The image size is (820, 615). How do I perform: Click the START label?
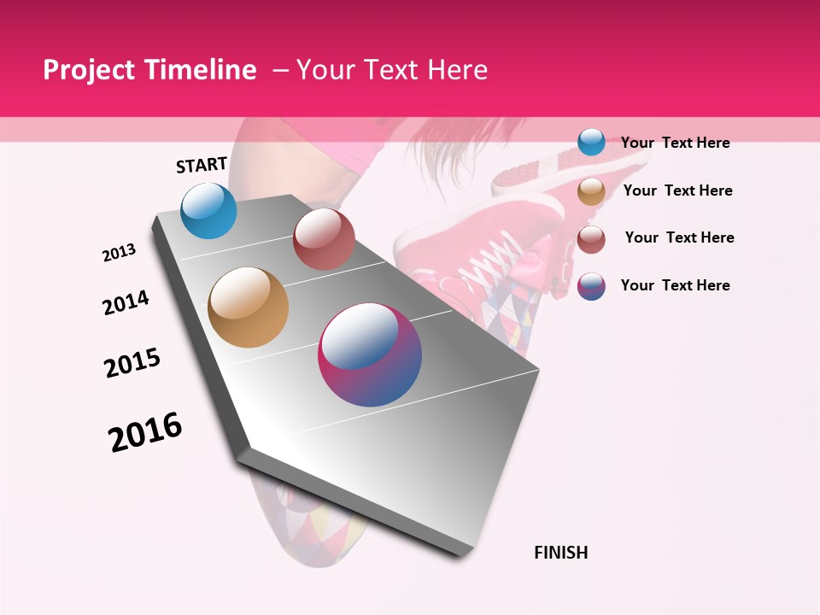point(202,165)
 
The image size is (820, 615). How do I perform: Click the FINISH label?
point(561,553)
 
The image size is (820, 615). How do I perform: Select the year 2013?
point(119,253)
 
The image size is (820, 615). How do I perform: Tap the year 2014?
point(126,302)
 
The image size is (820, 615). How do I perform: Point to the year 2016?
point(145,432)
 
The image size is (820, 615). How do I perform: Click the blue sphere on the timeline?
point(209,211)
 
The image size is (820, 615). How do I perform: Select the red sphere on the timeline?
point(324,239)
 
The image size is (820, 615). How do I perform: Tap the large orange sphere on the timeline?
point(249,307)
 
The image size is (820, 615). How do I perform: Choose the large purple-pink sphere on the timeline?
point(370,354)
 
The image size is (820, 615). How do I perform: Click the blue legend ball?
point(591,142)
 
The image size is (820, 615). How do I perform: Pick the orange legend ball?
point(591,191)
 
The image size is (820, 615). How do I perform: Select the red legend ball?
point(591,239)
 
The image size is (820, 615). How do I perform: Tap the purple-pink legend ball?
point(591,286)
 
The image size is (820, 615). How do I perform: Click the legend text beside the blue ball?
point(675,143)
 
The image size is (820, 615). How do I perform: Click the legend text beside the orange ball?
point(677,190)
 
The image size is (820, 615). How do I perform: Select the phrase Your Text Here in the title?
point(392,70)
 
